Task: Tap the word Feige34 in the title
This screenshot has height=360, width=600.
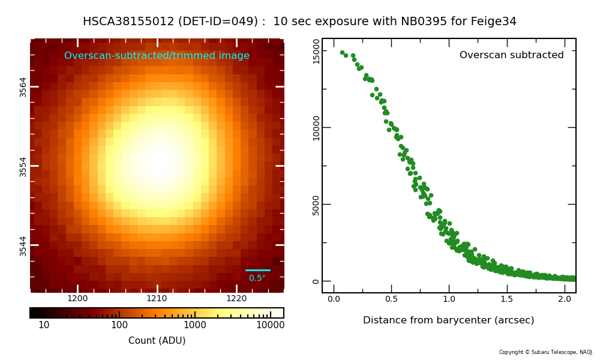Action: [x=495, y=22]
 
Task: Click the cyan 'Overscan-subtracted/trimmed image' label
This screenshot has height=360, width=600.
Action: [x=157, y=56]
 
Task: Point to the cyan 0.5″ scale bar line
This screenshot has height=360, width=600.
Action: [x=258, y=271]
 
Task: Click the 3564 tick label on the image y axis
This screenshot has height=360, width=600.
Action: [x=23, y=86]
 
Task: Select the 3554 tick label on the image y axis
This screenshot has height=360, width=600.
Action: [x=23, y=166]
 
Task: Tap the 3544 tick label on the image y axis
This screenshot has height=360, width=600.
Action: [x=23, y=245]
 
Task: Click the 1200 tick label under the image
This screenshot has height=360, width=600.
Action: [x=77, y=299]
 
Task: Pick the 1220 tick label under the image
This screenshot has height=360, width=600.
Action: [x=236, y=299]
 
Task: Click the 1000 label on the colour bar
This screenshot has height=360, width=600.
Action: [x=195, y=325]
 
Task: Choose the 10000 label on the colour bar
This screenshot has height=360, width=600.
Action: [x=270, y=325]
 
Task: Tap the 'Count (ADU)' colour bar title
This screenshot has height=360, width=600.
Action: [x=157, y=341]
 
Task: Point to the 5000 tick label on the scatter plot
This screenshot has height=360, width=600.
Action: [x=316, y=205]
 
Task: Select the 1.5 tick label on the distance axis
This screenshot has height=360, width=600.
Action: [x=507, y=299]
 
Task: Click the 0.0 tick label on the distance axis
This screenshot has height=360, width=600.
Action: [x=334, y=299]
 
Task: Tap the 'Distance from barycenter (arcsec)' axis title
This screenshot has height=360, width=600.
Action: [x=448, y=320]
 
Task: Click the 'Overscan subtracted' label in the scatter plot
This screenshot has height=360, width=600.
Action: [x=511, y=55]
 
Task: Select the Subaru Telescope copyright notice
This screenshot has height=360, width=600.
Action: [x=546, y=352]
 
